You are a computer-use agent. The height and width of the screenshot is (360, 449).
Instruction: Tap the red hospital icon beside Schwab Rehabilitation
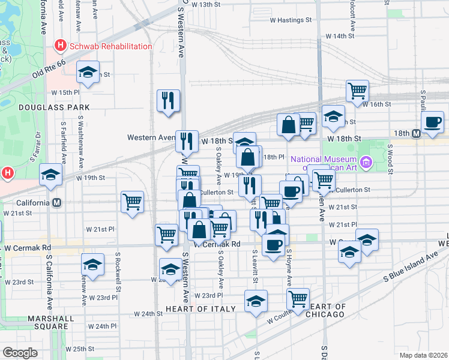pyautogui.click(x=60, y=45)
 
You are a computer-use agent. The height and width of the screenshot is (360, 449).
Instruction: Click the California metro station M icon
pyautogui.click(x=56, y=203)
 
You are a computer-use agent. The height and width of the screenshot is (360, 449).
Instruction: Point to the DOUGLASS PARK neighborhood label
pyautogui.click(x=54, y=107)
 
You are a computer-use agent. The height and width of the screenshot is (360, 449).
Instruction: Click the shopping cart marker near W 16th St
pyautogui.click(x=357, y=91)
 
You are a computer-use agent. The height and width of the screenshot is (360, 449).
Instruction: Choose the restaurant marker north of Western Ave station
pyautogui.click(x=169, y=100)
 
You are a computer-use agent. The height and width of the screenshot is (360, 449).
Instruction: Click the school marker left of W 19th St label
pyautogui.click(x=51, y=175)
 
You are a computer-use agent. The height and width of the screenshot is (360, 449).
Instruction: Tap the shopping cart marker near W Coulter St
pyautogui.click(x=298, y=298)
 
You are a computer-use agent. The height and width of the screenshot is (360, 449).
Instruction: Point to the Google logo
pyautogui.click(x=20, y=353)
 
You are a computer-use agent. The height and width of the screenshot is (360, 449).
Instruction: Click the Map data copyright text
pyautogui.click(x=423, y=355)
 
